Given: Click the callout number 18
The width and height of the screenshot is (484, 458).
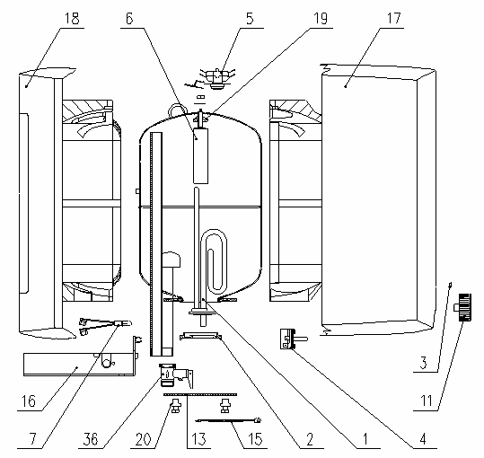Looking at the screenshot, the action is pyautogui.click(x=72, y=19).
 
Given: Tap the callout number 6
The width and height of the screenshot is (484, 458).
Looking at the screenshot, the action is pyautogui.click(x=129, y=19).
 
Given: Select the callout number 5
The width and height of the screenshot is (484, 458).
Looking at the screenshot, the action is pyautogui.click(x=250, y=19).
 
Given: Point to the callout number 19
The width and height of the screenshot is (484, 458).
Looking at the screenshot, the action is pyautogui.click(x=321, y=19).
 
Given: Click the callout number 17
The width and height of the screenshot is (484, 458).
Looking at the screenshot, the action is pyautogui.click(x=394, y=19).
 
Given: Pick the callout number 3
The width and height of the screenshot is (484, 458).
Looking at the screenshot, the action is pyautogui.click(x=424, y=363).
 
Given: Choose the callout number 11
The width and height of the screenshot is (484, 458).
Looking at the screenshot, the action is pyautogui.click(x=427, y=401).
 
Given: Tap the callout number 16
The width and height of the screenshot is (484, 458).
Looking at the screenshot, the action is pyautogui.click(x=29, y=401).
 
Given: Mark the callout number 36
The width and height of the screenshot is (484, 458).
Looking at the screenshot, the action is pyautogui.click(x=91, y=439).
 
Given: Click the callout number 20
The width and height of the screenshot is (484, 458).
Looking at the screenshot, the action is pyautogui.click(x=144, y=439).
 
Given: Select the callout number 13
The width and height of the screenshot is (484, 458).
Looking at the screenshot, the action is pyautogui.click(x=198, y=439).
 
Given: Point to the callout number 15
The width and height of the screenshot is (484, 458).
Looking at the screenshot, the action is pyautogui.click(x=255, y=439).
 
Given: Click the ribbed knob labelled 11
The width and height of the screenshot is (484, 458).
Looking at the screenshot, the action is pyautogui.click(x=463, y=307).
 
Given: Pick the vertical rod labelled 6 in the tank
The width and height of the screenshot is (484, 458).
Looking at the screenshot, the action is pyautogui.click(x=200, y=156).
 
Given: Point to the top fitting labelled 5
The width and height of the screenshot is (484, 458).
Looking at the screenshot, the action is pyautogui.click(x=217, y=79).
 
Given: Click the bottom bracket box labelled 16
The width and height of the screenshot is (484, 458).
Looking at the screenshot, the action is pyautogui.click(x=80, y=365).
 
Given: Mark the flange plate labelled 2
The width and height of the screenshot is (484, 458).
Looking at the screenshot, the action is pyautogui.click(x=200, y=336).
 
